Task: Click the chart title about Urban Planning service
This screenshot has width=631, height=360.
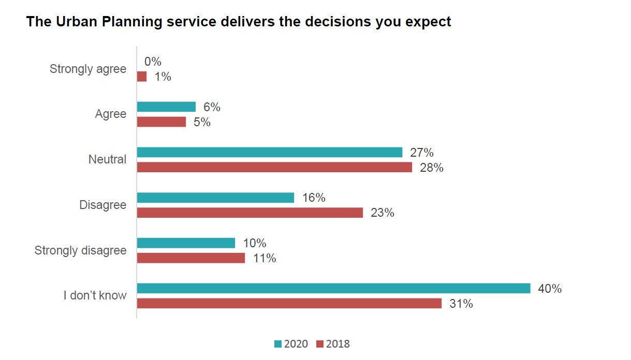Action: click(x=239, y=22)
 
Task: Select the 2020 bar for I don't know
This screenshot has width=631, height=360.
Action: click(x=333, y=288)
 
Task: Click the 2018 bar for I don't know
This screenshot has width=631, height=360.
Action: click(x=289, y=304)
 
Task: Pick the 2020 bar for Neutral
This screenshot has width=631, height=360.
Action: click(x=269, y=152)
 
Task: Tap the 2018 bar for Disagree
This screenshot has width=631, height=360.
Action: click(x=250, y=213)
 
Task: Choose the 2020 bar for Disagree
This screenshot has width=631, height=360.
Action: click(x=215, y=198)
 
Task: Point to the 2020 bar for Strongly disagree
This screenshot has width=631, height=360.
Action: click(x=186, y=243)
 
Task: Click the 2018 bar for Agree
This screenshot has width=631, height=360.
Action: click(x=161, y=122)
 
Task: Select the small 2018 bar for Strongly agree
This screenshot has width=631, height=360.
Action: click(x=142, y=77)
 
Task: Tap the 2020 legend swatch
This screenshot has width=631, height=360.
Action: click(x=277, y=344)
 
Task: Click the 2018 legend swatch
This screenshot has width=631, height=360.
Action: click(x=319, y=344)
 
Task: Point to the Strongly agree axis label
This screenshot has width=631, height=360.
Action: click(x=87, y=69)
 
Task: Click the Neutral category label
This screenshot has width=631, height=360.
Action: click(x=107, y=159)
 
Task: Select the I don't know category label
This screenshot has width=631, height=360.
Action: click(x=95, y=296)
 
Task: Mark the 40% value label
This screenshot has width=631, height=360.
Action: click(x=550, y=289)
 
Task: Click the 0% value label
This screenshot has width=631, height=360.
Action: click(x=153, y=62)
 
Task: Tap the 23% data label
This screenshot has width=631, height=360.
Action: click(x=382, y=213)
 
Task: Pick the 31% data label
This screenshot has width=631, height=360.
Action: click(x=461, y=304)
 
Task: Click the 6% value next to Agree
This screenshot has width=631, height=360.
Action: click(x=212, y=107)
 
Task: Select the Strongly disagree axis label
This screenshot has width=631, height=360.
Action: click(x=80, y=250)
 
